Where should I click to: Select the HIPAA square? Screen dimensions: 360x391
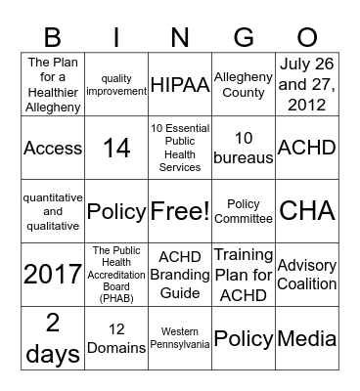pyautogui.click(x=179, y=84)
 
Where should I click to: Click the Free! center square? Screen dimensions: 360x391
pyautogui.click(x=179, y=211)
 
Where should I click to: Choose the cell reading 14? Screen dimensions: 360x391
pyautogui.click(x=116, y=148)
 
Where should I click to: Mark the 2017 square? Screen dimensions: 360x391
pyautogui.click(x=52, y=275)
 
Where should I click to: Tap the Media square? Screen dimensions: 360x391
pyautogui.click(x=307, y=339)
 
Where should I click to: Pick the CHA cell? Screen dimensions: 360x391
pyautogui.click(x=307, y=211)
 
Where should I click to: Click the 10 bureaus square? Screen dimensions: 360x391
pyautogui.click(x=244, y=148)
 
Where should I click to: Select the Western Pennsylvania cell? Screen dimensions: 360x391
pyautogui.click(x=179, y=339)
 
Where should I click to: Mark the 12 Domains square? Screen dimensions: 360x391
pyautogui.click(x=116, y=339)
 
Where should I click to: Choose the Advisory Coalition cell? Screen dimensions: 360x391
pyautogui.click(x=307, y=275)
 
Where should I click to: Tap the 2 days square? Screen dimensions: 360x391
pyautogui.click(x=52, y=339)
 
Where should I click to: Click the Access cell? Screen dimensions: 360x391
pyautogui.click(x=52, y=148)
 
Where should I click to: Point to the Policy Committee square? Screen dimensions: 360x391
pyautogui.click(x=244, y=211)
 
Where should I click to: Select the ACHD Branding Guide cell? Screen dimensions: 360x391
pyautogui.click(x=179, y=275)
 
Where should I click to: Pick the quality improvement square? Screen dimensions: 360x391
pyautogui.click(x=116, y=84)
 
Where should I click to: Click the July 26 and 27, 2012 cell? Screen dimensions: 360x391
pyautogui.click(x=307, y=84)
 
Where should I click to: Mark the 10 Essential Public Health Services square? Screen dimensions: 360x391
pyautogui.click(x=179, y=148)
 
